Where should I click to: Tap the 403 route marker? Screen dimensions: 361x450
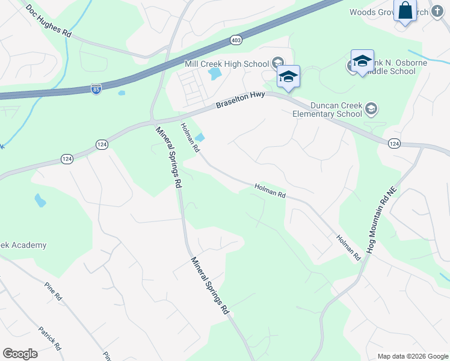click(236, 40)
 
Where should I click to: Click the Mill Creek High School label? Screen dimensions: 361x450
click(227, 64)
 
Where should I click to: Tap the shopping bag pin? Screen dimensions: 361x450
click(405, 10)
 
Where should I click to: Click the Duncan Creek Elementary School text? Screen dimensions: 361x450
click(328, 110)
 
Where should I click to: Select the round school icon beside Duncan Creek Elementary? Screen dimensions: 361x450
click(371, 109)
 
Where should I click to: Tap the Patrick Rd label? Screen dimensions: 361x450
click(49, 338)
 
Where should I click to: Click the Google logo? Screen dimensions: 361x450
click(20, 354)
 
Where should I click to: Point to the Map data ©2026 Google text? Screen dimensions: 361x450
click(413, 356)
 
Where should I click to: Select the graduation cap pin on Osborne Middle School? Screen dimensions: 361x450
click(362, 61)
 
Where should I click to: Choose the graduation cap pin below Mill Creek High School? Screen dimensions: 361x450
click(288, 77)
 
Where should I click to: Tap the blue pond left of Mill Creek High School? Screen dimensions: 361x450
click(214, 75)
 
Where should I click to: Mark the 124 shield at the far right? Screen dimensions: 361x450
click(394, 143)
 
